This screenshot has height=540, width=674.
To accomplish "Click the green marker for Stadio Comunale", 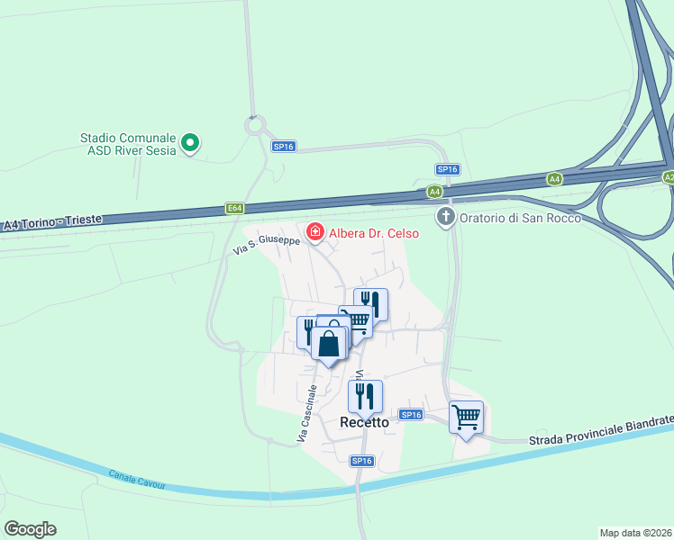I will point(190,142).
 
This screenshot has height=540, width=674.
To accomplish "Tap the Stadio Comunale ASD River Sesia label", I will point(131,144).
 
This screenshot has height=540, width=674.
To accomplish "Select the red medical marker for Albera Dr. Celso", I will point(315,232).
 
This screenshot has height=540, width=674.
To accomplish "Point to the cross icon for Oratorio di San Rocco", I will point(445,217).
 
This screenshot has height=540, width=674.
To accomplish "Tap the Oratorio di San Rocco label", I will point(518,218).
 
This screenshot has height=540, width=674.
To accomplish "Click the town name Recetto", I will point(364,422).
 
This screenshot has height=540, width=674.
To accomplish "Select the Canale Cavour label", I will point(137,479).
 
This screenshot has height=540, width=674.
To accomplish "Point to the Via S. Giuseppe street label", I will point(266,243).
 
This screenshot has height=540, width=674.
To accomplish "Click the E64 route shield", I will point(235,209).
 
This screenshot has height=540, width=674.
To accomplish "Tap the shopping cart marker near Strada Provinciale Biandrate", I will point(466,417).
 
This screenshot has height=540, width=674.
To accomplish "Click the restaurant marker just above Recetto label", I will point(365,394).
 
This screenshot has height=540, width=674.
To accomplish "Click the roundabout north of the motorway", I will point(256,125).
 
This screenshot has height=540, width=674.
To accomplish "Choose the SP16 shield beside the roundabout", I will point(284,146).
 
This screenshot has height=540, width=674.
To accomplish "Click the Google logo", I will point(30,529).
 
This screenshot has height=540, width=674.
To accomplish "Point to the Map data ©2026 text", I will point(635,533).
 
